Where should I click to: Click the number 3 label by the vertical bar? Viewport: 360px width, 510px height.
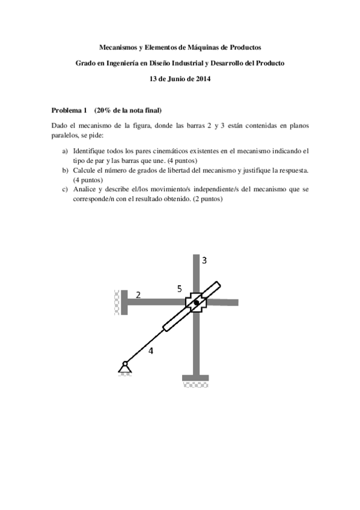point(204,260)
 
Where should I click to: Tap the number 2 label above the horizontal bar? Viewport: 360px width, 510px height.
point(138,295)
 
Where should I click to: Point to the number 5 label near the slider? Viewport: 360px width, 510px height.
point(179,289)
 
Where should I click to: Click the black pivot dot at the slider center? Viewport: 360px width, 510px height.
point(196,303)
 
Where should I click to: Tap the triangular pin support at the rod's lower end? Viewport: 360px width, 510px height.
point(125,367)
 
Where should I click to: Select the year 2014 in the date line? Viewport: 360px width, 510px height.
point(203,79)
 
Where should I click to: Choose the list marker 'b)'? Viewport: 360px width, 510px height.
point(65,170)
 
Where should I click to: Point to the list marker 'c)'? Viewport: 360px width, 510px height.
point(65,189)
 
